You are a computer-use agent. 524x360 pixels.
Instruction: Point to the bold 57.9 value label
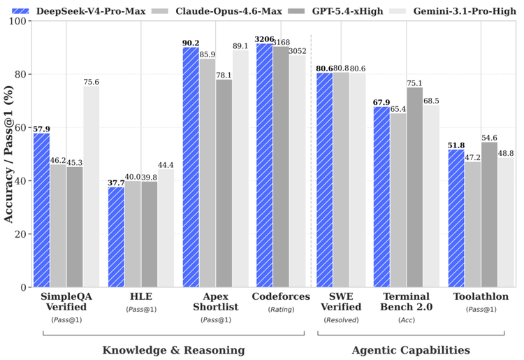click(41, 129)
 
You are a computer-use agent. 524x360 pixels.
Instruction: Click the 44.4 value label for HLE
click(166, 165)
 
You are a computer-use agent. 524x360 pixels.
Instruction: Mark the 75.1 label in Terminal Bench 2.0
click(415, 82)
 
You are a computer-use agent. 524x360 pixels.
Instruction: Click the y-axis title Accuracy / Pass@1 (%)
click(9, 154)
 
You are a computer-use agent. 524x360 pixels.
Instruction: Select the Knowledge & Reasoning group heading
click(173, 350)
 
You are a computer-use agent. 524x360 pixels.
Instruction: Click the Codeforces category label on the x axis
click(281, 297)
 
